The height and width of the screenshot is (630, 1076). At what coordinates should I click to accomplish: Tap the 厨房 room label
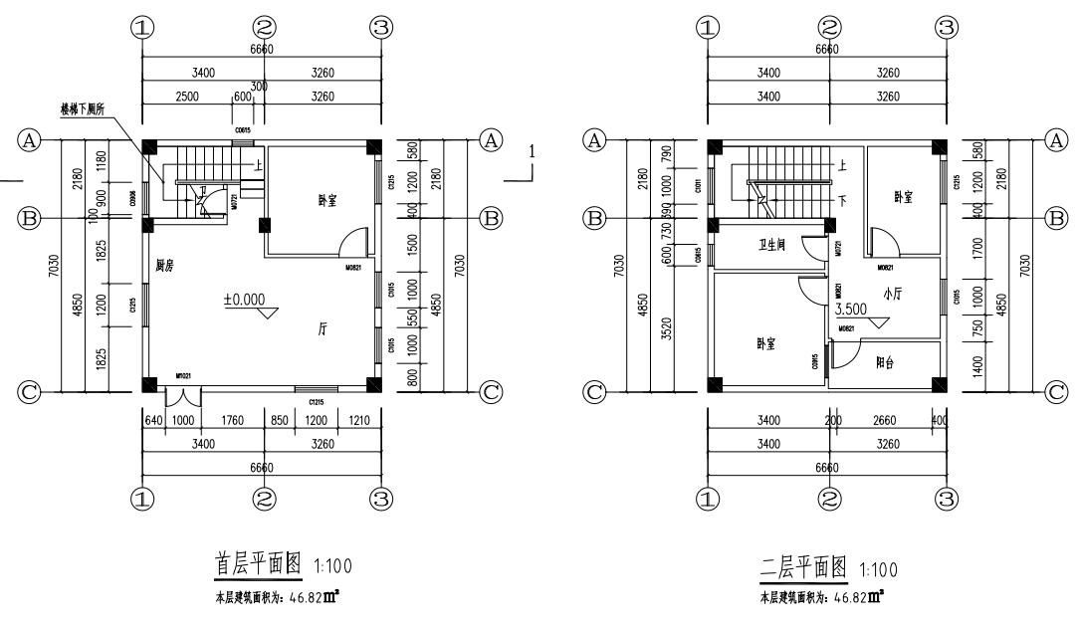pyautogui.click(x=166, y=266)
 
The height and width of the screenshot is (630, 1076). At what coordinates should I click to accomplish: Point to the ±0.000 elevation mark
pyautogui.click(x=245, y=299)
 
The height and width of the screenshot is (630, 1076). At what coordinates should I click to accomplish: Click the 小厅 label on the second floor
pyautogui.click(x=892, y=293)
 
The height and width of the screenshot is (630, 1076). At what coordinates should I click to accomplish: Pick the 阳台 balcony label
pyautogui.click(x=884, y=363)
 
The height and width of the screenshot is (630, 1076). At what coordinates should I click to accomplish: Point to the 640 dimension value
pyautogui.click(x=154, y=419)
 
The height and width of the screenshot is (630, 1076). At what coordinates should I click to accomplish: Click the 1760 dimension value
pyautogui.click(x=233, y=419)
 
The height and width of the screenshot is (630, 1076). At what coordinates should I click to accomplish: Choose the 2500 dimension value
pyautogui.click(x=187, y=97)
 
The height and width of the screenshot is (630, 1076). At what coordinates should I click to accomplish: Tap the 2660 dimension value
pyautogui.click(x=883, y=419)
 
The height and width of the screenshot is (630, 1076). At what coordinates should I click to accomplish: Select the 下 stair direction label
pyautogui.click(x=844, y=200)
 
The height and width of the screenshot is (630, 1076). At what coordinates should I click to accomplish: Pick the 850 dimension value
pyautogui.click(x=280, y=419)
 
